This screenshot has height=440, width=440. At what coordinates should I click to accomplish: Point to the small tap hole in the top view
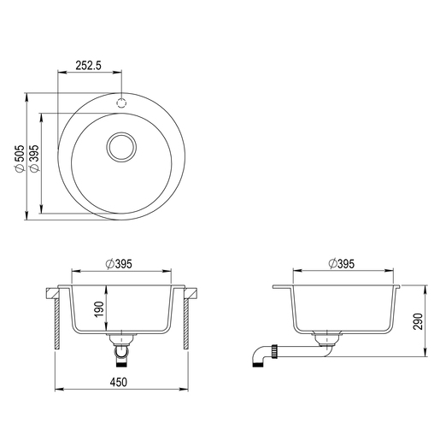[x=121, y=99]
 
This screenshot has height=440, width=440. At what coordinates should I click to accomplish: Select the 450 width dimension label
[x=120, y=383]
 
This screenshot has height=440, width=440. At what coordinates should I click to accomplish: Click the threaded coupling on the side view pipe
[x=275, y=349]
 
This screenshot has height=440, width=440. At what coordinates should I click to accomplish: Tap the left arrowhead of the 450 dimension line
[x=58, y=391]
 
